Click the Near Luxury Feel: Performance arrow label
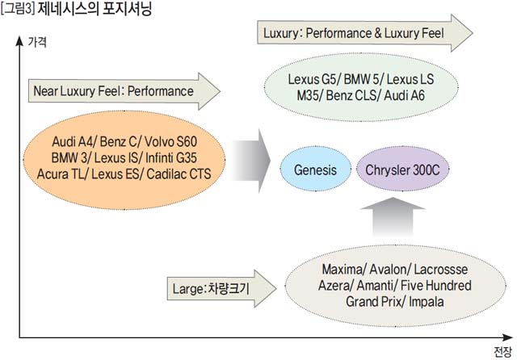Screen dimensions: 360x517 [113, 90]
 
